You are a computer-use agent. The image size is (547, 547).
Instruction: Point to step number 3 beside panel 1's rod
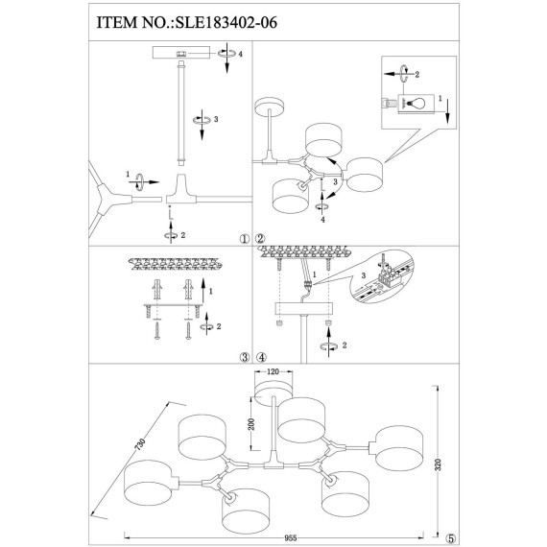pos(217,119)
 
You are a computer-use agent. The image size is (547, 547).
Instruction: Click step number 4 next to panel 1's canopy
pos(240,55)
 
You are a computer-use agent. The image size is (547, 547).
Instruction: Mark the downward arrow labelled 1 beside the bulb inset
pos(447,108)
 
